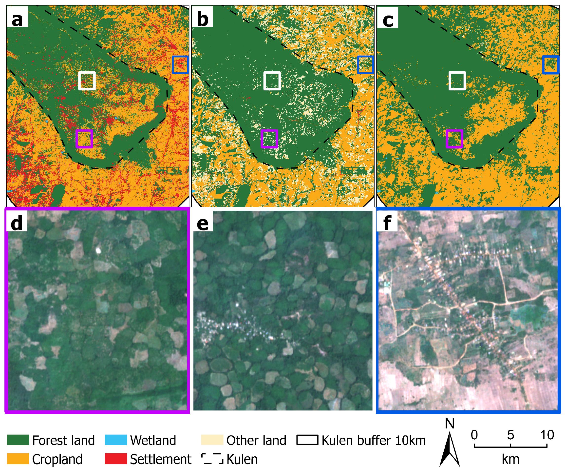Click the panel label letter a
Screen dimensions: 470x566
pos(17,20)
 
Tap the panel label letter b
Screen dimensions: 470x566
pos(202,20)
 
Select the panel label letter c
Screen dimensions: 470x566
pos(388,20)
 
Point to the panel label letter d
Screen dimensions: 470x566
pos(17,223)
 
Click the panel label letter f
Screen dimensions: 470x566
pos(387,223)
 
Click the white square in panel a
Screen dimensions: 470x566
pos(87,81)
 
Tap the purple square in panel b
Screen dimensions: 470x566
pos(269,139)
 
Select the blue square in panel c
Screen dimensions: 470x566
pos(550,65)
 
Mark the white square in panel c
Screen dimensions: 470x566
pos(457,81)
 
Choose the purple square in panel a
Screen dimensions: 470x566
pos(84,139)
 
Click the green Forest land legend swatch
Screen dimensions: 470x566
pos(18,440)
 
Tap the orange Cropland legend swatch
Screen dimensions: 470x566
pos(18,459)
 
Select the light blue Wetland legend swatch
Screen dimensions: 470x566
pos(116,440)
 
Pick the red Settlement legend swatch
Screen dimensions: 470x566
pos(116,459)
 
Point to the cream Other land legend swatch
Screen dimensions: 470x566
pos(212,440)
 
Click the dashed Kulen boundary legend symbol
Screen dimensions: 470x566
pos(212,459)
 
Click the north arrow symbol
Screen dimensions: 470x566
pos(450,445)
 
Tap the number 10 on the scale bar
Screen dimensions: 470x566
pos(547,435)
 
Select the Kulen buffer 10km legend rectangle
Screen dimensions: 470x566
pos(307,440)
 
